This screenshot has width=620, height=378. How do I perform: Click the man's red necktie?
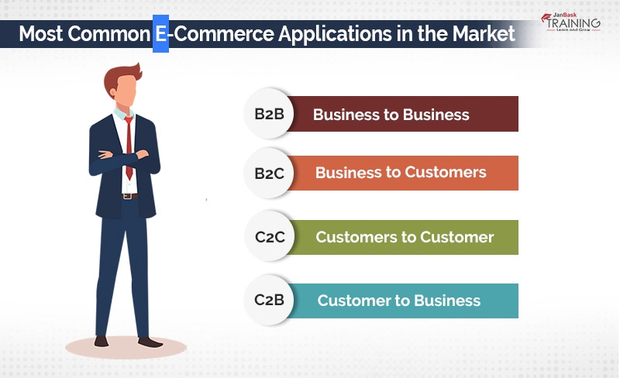click(x=129, y=147)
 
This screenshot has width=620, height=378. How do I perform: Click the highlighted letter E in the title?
click(x=160, y=35)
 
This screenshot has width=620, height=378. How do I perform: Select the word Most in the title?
click(x=41, y=35)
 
